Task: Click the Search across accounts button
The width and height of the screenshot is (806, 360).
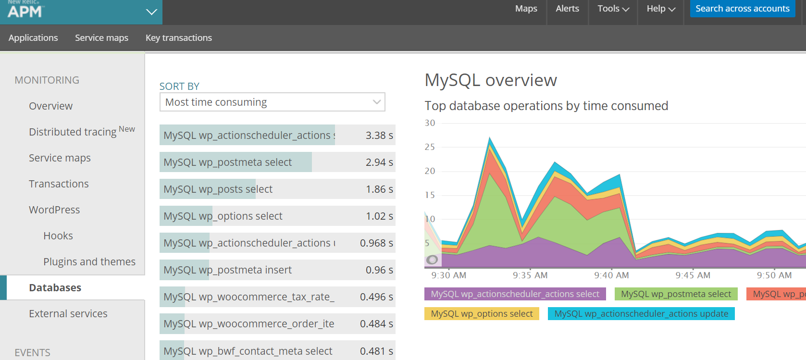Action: pyautogui.click(x=742, y=9)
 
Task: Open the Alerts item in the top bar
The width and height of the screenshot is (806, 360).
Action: pyautogui.click(x=567, y=9)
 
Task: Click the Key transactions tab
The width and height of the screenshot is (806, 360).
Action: pyautogui.click(x=178, y=38)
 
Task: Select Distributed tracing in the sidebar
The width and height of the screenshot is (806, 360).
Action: pyautogui.click(x=73, y=132)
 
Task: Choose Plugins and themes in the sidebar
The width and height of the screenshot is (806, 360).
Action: pyautogui.click(x=89, y=261)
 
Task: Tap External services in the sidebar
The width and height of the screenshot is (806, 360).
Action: pyautogui.click(x=68, y=313)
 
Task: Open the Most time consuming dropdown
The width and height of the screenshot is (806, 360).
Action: pyautogui.click(x=272, y=102)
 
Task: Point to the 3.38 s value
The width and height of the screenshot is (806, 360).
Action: pyautogui.click(x=379, y=136)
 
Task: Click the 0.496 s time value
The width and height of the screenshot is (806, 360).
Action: pyautogui.click(x=376, y=297)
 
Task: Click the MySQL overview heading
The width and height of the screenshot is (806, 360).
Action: pyautogui.click(x=490, y=80)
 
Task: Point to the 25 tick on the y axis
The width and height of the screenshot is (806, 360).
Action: pyautogui.click(x=430, y=147)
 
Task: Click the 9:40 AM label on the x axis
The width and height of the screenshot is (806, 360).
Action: pyautogui.click(x=611, y=275)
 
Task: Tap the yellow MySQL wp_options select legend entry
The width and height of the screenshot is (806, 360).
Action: pyautogui.click(x=482, y=314)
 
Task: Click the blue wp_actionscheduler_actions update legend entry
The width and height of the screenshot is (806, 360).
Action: pyautogui.click(x=641, y=314)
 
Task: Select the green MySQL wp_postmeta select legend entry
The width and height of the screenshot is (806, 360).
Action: pyautogui.click(x=675, y=294)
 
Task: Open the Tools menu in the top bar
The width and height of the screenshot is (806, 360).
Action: pyautogui.click(x=613, y=9)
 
